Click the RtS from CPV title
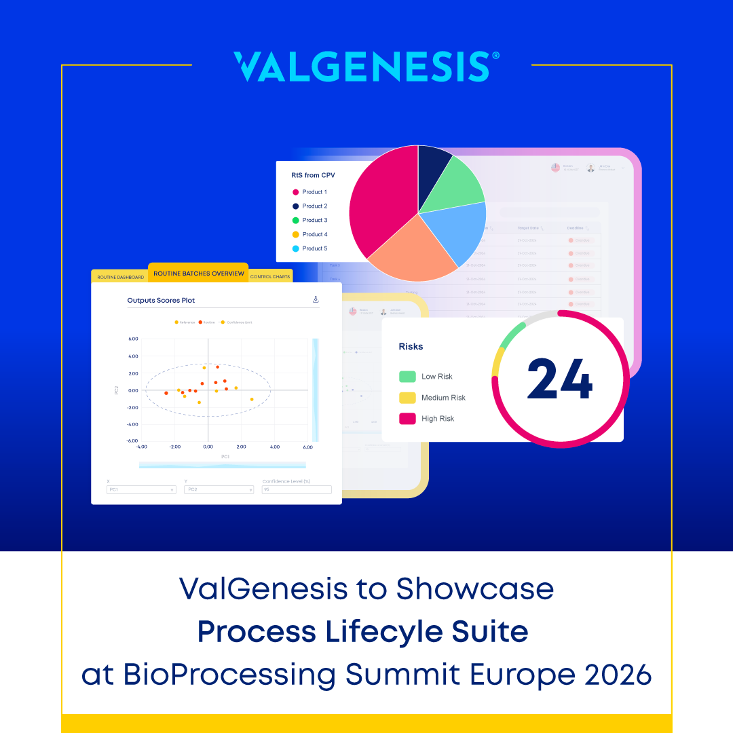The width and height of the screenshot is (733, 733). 313,175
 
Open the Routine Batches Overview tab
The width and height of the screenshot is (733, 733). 198,274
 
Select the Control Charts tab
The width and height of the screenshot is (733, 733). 271,277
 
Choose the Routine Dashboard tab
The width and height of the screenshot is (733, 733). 120,277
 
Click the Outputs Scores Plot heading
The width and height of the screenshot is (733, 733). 161,300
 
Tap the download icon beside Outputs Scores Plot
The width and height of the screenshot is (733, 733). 316,299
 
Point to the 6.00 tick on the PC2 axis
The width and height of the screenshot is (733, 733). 133,339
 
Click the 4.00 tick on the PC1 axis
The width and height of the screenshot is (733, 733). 274,447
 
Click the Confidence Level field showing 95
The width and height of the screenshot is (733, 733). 297,489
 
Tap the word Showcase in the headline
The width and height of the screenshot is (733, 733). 475,589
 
